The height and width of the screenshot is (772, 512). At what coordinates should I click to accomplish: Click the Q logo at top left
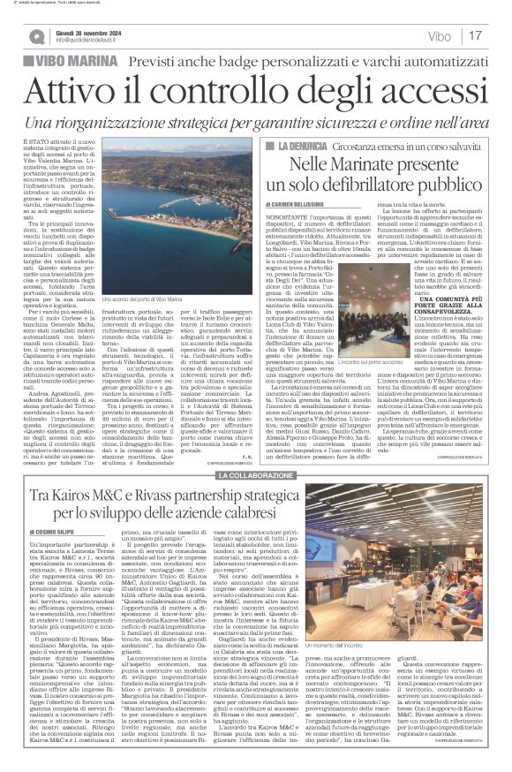(37, 36)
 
